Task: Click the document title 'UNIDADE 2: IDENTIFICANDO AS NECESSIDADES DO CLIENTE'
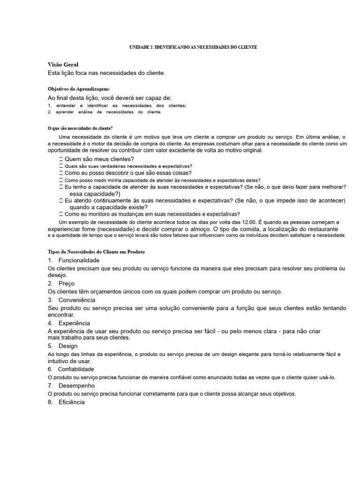point(193,47)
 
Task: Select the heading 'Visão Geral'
point(63,64)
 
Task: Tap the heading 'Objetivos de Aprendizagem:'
point(79,89)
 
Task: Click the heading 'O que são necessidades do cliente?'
point(80,127)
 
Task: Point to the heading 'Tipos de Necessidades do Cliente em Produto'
point(96,252)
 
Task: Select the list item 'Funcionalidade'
point(79,260)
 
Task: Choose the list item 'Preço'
point(67,284)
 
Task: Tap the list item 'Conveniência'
point(77,300)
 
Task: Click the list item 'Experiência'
point(75,323)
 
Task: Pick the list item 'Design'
point(68,346)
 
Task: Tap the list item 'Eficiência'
point(72,402)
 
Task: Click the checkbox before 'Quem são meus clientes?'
point(61,159)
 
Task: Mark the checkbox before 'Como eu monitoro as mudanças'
point(61,214)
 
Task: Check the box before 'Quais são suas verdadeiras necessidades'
point(61,166)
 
